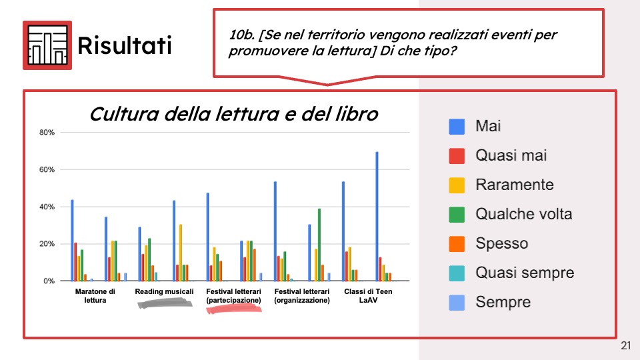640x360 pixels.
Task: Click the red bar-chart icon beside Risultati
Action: (x=47, y=45)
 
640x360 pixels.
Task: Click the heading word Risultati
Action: (x=125, y=45)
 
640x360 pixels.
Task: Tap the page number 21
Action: (x=626, y=346)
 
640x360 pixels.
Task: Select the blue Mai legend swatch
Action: (x=457, y=127)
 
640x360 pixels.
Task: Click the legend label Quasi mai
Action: (x=511, y=155)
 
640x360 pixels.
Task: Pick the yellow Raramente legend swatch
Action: (x=457, y=185)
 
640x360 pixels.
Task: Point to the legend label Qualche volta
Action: (x=524, y=214)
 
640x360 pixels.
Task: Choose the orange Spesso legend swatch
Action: (x=457, y=244)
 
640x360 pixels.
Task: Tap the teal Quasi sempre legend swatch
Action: (x=457, y=273)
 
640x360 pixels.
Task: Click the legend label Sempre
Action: (x=503, y=303)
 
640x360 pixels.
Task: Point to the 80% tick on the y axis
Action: (x=47, y=132)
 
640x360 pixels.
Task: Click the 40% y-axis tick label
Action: (x=47, y=207)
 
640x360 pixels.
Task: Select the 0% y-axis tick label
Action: (x=49, y=281)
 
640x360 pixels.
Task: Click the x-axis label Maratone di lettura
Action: (x=95, y=296)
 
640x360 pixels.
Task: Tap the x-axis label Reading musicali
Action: (x=164, y=291)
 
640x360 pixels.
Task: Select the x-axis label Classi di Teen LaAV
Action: (x=368, y=296)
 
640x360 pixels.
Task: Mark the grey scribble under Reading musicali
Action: (x=165, y=303)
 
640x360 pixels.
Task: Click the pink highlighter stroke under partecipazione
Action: (x=234, y=309)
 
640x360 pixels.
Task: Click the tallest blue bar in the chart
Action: (x=377, y=216)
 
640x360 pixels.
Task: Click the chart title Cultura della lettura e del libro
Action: (x=234, y=114)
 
